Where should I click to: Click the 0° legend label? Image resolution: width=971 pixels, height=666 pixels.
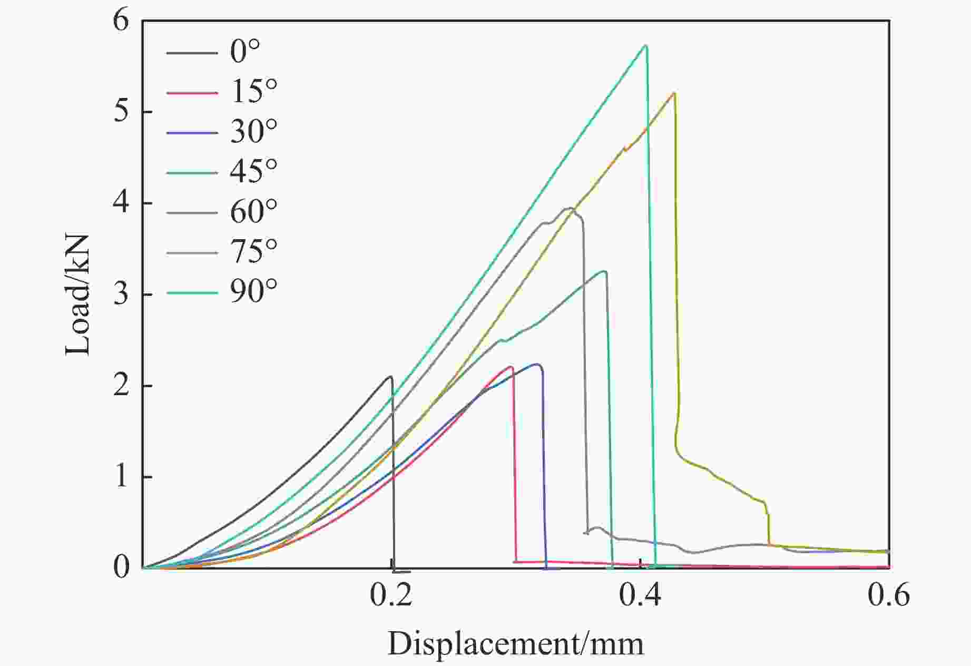coord(245,52)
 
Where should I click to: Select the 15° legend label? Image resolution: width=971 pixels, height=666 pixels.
coord(253,91)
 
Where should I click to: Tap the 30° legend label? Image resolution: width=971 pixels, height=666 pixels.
coord(253,131)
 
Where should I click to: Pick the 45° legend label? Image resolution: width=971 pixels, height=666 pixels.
coord(253,171)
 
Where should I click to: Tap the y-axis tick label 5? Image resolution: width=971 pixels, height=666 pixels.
coord(121,112)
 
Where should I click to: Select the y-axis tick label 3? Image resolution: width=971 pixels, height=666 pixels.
coord(121,295)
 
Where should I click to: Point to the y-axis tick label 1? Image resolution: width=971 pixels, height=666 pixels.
coord(121,477)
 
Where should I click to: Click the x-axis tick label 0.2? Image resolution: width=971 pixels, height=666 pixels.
coord(391,595)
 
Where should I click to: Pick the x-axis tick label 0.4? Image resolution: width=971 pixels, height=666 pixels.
coord(640,595)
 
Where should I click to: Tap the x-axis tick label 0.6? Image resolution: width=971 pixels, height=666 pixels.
coord(889,595)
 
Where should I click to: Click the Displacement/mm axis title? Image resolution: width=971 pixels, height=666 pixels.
coord(515,644)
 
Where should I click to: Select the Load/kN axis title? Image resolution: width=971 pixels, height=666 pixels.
coord(78,295)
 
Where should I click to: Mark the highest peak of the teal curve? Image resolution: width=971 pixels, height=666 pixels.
coord(645,46)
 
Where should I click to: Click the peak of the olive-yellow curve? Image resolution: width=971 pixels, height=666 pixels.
coord(674,93)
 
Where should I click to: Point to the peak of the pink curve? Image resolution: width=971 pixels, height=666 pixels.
coord(510,367)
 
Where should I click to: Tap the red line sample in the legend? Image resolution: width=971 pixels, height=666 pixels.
coord(192,93)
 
